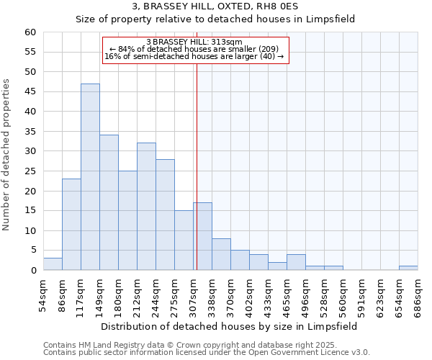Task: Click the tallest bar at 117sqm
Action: (90, 177)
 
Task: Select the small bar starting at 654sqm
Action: (408, 268)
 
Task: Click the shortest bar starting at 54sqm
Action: (53, 264)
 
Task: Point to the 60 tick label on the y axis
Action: (30, 32)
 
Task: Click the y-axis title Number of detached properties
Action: (7, 155)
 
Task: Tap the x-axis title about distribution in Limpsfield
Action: (229, 326)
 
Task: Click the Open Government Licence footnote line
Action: (206, 352)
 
